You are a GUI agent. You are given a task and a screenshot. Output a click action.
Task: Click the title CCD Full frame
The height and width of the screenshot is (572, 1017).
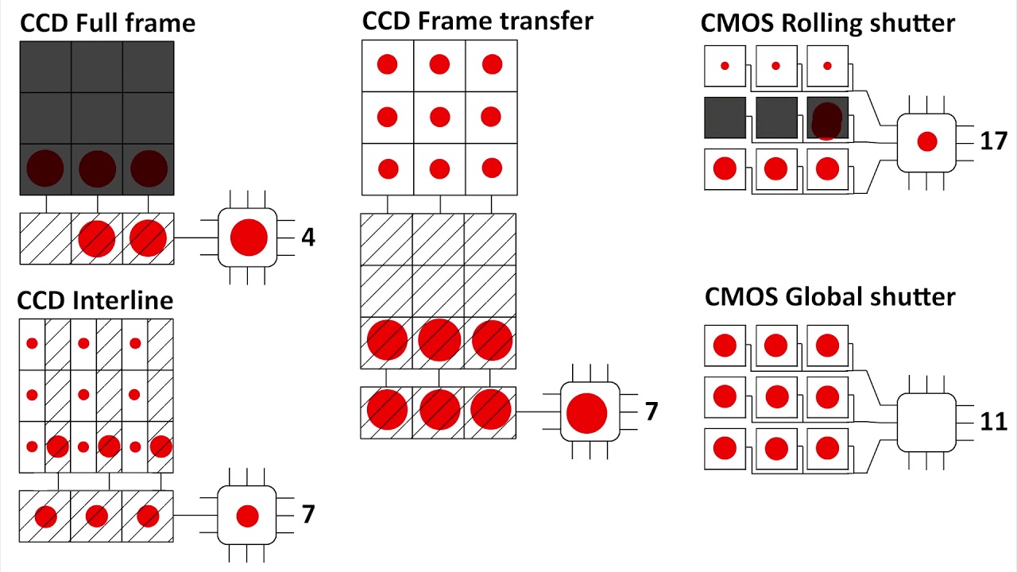(x=107, y=23)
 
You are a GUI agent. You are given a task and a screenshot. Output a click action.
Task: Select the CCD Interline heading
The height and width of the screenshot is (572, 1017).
(x=95, y=300)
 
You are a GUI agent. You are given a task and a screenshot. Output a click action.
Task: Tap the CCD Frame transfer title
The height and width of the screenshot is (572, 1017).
(x=478, y=21)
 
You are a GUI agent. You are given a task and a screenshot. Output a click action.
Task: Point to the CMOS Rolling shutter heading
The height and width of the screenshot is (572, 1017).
(x=827, y=23)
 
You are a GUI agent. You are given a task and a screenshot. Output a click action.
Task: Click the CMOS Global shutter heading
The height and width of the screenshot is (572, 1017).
(x=829, y=296)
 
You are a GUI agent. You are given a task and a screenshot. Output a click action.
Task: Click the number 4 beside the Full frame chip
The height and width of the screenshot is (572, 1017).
(x=308, y=238)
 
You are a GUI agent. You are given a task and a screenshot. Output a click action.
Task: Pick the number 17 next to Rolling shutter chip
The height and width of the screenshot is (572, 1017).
(x=993, y=141)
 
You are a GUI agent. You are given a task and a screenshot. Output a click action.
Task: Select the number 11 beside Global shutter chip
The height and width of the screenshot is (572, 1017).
(x=993, y=421)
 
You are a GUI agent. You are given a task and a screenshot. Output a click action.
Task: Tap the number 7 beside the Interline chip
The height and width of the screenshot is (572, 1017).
(x=308, y=515)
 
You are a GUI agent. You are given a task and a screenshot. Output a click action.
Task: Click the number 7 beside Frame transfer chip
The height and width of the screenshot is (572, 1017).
(x=652, y=412)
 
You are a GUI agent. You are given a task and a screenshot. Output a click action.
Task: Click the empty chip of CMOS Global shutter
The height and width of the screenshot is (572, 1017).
(x=926, y=422)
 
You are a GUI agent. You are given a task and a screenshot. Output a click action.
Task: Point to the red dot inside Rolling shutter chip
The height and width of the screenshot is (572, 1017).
(x=927, y=141)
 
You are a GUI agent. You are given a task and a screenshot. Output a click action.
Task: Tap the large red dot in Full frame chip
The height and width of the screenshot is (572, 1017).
(x=249, y=238)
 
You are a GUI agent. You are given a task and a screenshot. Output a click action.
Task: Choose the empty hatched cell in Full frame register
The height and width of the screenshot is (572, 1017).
(x=46, y=238)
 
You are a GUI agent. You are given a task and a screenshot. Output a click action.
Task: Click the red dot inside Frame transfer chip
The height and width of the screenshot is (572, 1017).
(x=587, y=413)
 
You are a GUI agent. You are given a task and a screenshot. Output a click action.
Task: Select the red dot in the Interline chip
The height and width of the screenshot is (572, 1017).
(x=247, y=516)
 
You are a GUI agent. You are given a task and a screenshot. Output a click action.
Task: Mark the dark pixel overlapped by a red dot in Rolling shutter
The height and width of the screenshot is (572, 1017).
(x=827, y=118)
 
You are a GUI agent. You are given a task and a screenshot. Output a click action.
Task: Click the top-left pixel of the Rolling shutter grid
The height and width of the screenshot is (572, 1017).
(x=725, y=66)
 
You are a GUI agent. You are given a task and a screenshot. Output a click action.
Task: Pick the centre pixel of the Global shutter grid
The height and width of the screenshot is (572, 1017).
(x=776, y=396)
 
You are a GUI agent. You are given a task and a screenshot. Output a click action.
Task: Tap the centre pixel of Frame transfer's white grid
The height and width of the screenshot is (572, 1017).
(x=439, y=118)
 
